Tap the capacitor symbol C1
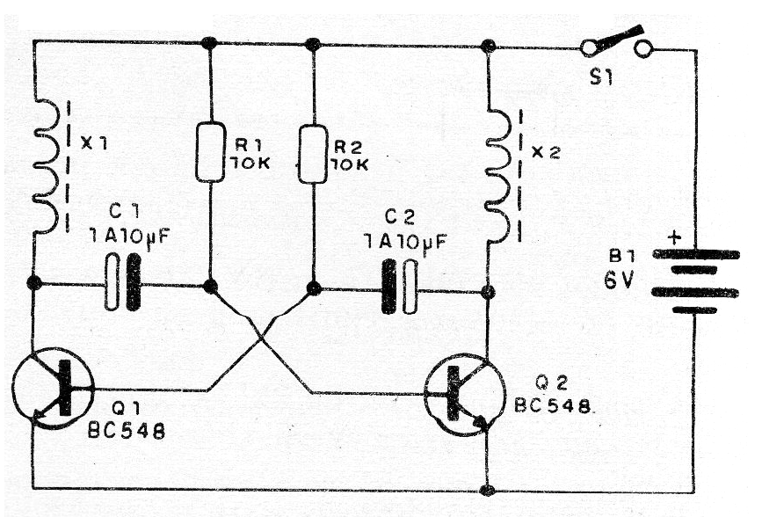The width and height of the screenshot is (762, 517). coord(122,283)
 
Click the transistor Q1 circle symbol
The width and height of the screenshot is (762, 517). coord(52,387)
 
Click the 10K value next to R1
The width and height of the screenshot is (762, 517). coord(250,164)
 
